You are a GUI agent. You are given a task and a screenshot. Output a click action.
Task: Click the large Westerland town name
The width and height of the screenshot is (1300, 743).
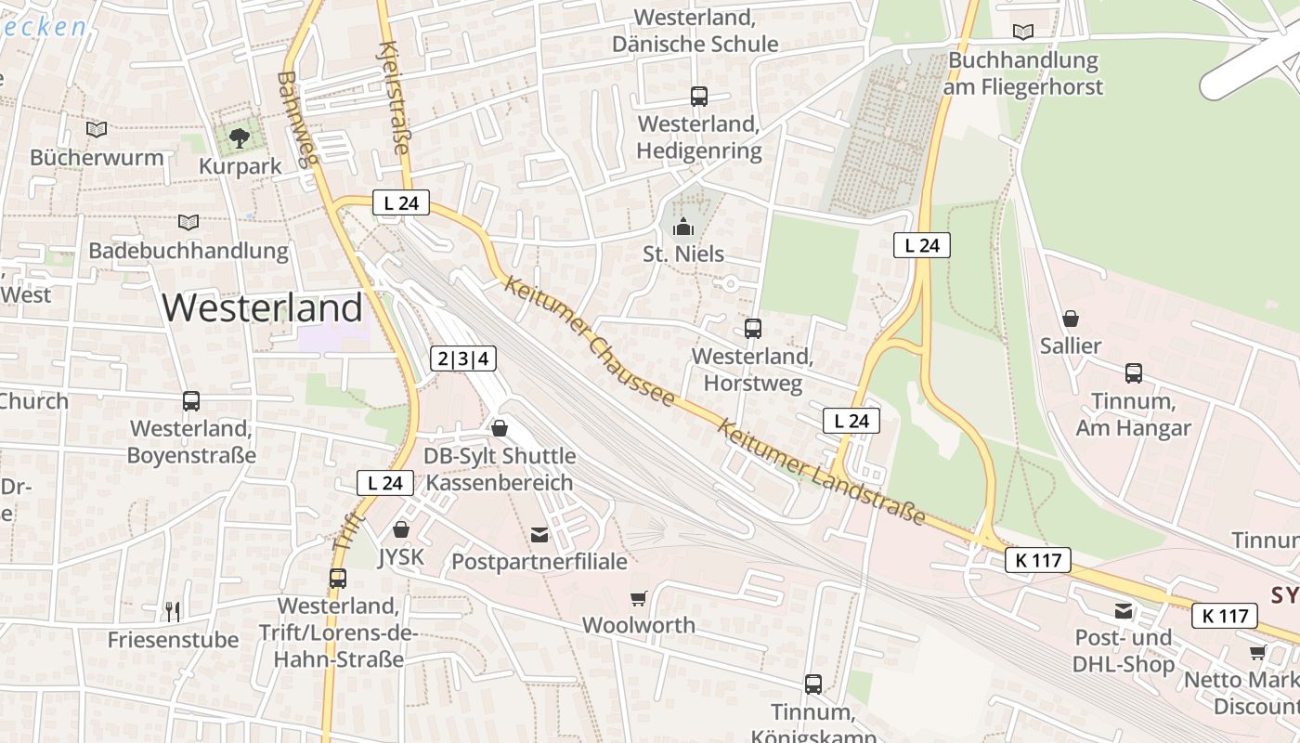[x=263, y=307]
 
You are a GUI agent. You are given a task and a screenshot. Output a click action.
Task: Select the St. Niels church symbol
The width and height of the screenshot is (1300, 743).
[x=683, y=227]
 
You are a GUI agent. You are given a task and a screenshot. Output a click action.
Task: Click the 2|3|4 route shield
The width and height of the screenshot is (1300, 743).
[x=463, y=358]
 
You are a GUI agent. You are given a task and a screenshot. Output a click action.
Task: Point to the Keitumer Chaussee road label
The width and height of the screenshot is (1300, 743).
[x=589, y=341]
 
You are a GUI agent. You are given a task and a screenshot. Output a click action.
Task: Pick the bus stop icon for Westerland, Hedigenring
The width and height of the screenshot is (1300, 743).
[x=698, y=96]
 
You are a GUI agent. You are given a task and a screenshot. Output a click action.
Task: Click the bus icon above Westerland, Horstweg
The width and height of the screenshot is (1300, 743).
[x=752, y=328]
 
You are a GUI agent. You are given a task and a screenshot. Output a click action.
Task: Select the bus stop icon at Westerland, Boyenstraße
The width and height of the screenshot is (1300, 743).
[x=190, y=401]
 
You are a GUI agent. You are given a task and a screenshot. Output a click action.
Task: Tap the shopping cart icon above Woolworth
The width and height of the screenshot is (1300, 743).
[x=638, y=598]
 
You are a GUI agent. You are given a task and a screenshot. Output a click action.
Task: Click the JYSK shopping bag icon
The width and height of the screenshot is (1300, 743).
[x=401, y=529]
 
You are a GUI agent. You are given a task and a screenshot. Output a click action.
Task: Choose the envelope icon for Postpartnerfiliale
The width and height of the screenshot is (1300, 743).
[x=539, y=534]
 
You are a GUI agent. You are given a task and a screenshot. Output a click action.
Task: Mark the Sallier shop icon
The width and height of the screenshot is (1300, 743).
[x=1071, y=319]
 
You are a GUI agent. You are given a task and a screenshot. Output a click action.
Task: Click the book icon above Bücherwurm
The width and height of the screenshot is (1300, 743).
[x=97, y=129]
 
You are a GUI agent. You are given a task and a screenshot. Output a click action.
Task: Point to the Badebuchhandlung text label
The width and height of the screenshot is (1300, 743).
[x=188, y=251]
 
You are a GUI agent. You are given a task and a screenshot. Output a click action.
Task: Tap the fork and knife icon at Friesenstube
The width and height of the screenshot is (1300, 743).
[x=172, y=611]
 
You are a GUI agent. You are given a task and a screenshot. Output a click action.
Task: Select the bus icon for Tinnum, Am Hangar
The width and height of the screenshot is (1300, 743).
[x=1133, y=373]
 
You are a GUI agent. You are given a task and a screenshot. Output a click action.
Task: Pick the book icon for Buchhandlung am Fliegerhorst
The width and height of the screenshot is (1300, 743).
[x=1022, y=32]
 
